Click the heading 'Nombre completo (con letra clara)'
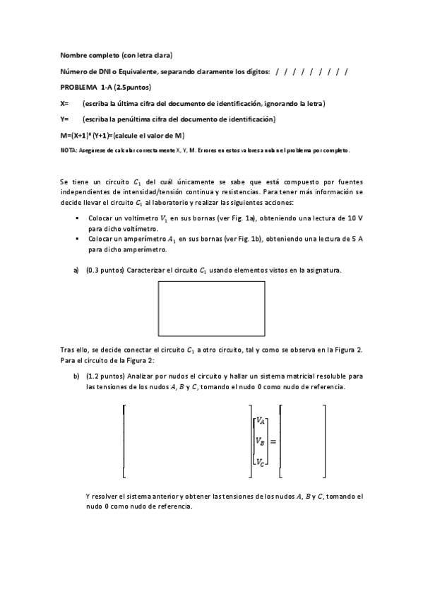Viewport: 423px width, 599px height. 117,55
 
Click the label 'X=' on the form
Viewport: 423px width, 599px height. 65,103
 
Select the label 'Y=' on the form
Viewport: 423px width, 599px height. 65,119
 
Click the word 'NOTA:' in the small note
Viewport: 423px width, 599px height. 68,150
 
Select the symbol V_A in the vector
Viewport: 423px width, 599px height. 261,421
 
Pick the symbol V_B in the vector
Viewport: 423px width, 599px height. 261,441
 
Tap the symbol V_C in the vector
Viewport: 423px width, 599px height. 261,463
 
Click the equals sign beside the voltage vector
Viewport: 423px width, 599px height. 273,441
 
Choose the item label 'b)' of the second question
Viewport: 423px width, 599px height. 76,377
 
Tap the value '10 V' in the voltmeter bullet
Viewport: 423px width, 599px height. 354,219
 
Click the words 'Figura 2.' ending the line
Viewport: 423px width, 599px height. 350,350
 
